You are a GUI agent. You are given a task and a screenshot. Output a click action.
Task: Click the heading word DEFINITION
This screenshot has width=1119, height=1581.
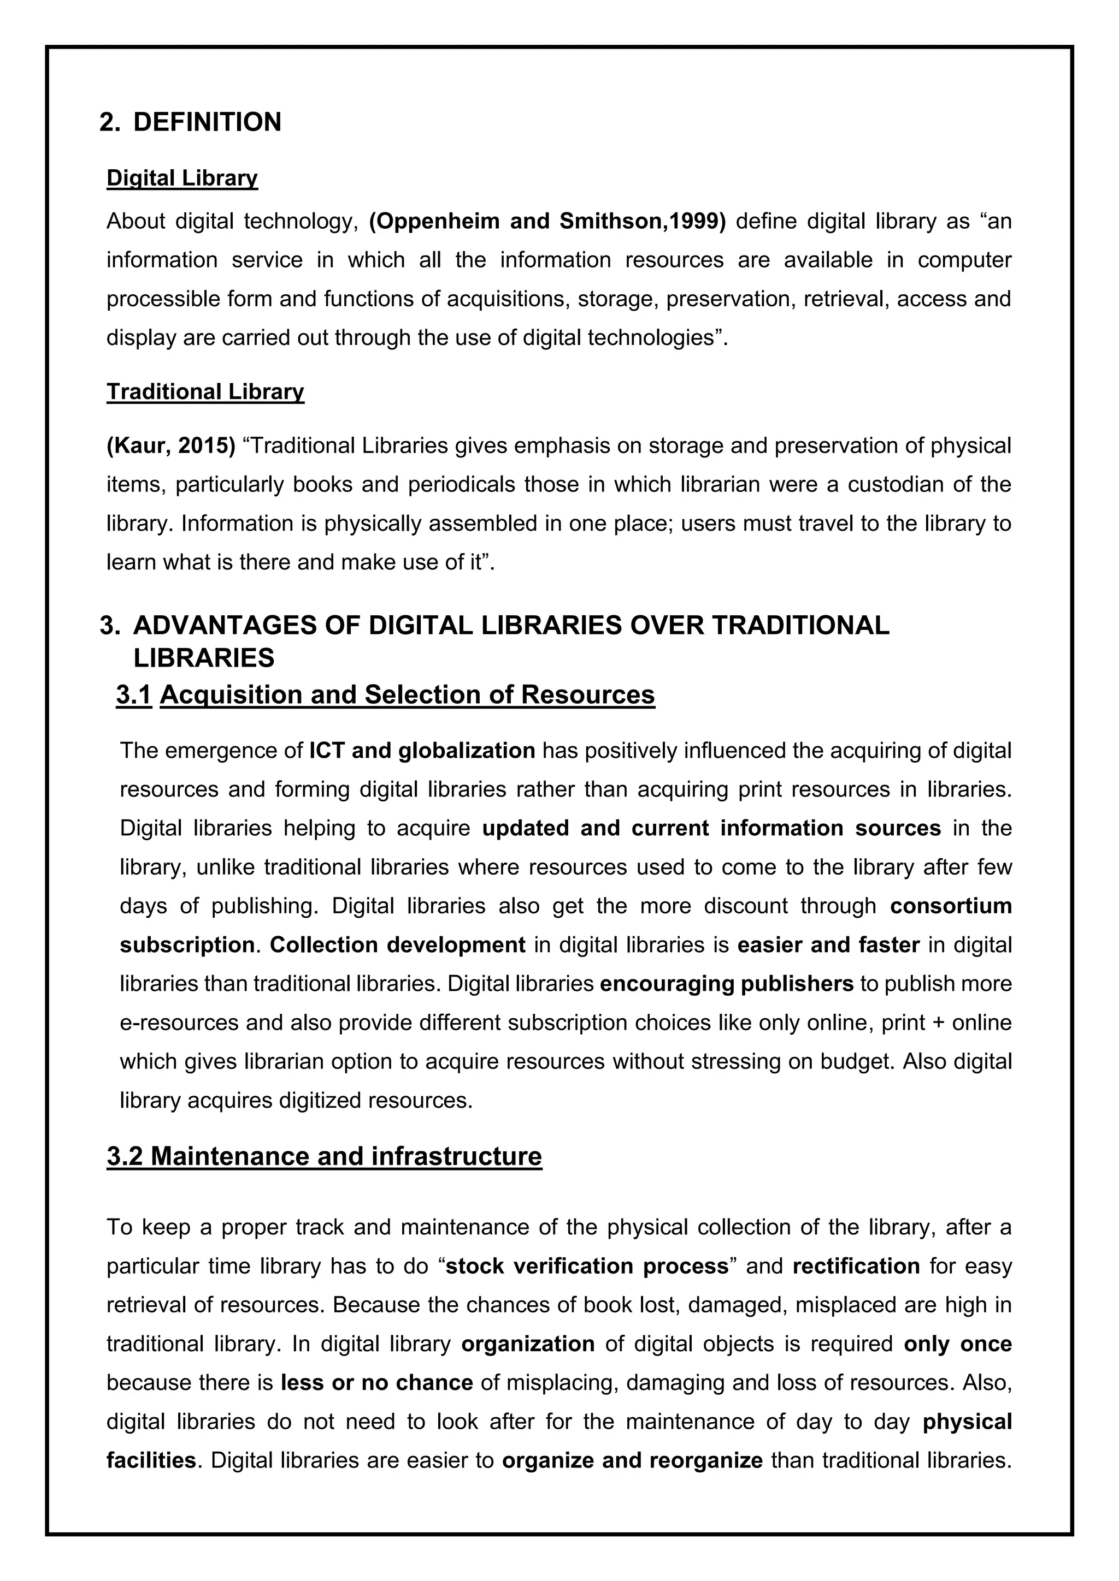coord(207,123)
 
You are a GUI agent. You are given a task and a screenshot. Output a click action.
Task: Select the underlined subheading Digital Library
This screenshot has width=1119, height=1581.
coord(182,179)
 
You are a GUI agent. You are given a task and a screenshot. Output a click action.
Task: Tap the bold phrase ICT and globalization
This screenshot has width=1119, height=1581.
coord(422,751)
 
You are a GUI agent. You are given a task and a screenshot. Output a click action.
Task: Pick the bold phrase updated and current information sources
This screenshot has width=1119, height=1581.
coord(711,828)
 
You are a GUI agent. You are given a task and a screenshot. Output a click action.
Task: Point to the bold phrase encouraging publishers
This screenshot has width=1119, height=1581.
coord(726,983)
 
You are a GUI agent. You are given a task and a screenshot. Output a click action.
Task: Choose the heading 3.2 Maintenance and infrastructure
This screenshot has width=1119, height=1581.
coord(324,1156)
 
